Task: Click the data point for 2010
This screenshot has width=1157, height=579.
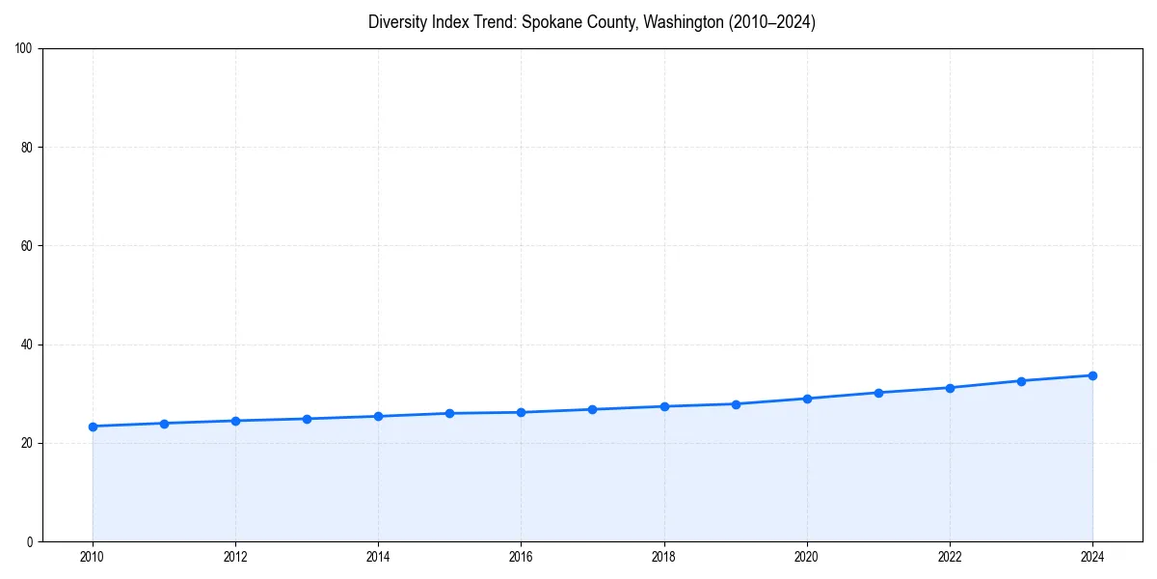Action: click(x=93, y=427)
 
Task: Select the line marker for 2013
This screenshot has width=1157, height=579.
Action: click(x=307, y=419)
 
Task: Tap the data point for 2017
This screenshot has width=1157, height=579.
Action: click(x=592, y=409)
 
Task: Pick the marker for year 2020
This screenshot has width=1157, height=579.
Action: click(x=807, y=399)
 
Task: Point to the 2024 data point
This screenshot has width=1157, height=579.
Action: click(x=1092, y=375)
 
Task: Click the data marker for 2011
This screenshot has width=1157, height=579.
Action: click(x=164, y=424)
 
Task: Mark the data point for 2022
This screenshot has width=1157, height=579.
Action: click(x=950, y=388)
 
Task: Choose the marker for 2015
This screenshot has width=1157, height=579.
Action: click(x=449, y=413)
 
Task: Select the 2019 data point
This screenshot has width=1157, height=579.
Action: click(x=736, y=404)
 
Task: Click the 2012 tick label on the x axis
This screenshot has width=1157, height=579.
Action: click(x=235, y=557)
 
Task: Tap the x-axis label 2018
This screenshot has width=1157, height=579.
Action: click(x=663, y=557)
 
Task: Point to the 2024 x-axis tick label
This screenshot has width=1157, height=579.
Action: click(x=1092, y=557)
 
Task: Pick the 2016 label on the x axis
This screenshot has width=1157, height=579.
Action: click(x=521, y=557)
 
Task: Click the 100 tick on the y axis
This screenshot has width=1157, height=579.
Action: click(x=24, y=49)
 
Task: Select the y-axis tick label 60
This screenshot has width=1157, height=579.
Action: click(x=27, y=246)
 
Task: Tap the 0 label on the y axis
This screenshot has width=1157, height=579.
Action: click(x=30, y=541)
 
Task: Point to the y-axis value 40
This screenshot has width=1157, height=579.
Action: click(x=27, y=345)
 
